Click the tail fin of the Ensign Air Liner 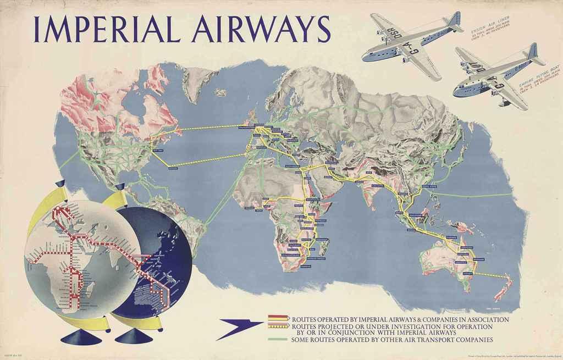[454, 20]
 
